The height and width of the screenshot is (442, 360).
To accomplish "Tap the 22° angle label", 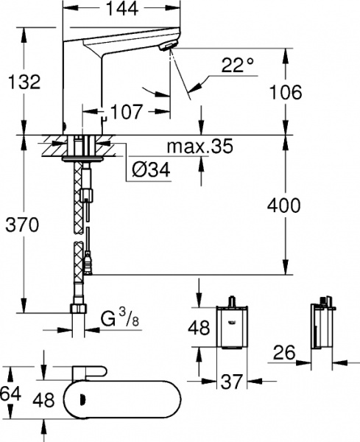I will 237,66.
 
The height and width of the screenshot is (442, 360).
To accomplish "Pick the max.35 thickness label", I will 199,147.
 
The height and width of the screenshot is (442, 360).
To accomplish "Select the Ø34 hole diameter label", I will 152,171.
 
